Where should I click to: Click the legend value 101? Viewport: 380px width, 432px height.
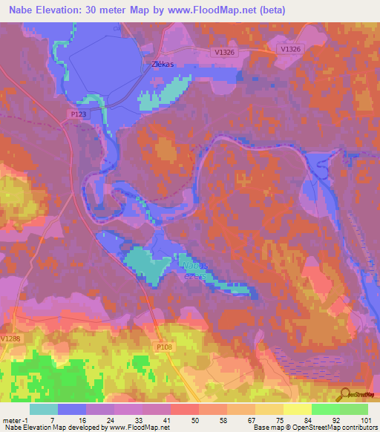coord(367,419)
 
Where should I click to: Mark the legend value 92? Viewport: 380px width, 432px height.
coord(339,419)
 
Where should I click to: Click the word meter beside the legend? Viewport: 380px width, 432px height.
coord(13,419)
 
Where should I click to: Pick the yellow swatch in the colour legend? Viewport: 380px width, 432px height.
coord(297,409)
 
